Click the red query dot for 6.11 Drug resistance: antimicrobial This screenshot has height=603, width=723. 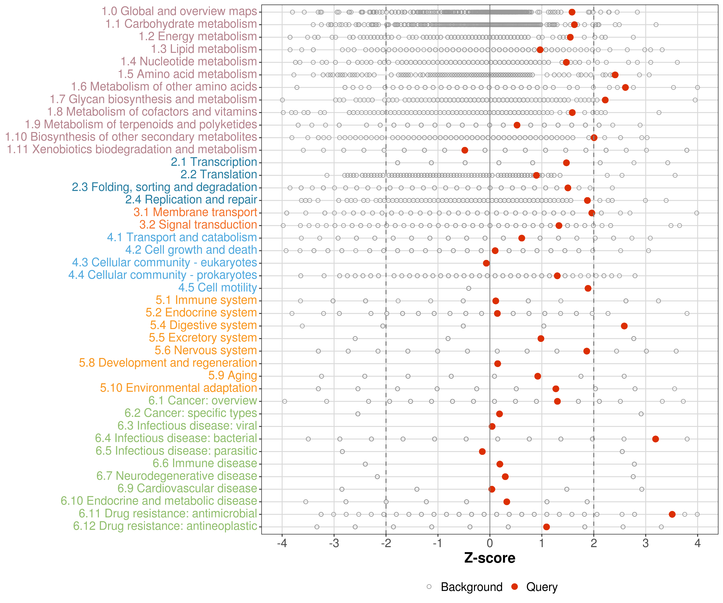click(672, 514)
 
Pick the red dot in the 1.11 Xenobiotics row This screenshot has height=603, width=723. click(465, 150)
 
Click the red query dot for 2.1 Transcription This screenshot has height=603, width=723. click(566, 163)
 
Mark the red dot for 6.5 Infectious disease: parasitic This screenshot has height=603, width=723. click(482, 451)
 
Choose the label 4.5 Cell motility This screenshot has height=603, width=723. click(218, 287)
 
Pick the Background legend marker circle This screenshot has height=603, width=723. click(429, 587)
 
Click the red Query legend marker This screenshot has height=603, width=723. click(515, 587)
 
